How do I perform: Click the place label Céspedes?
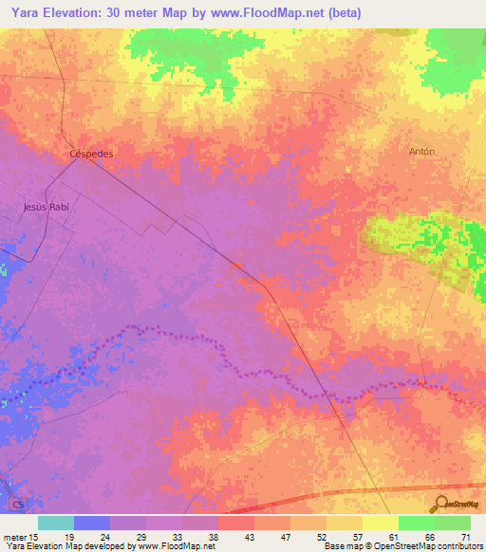[x=91, y=153]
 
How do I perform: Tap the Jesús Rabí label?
[x=47, y=206]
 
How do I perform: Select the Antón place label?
[x=421, y=151]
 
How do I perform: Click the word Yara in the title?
[x=25, y=13]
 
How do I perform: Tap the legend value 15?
[x=35, y=536]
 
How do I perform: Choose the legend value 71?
[x=465, y=536]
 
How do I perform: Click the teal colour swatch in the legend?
[x=56, y=523]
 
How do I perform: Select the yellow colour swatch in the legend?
[x=380, y=523]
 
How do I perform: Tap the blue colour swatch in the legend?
[x=92, y=523]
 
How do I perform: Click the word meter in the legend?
[x=13, y=536]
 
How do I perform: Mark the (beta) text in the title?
[x=341, y=13]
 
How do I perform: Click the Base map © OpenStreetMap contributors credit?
[x=400, y=546]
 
